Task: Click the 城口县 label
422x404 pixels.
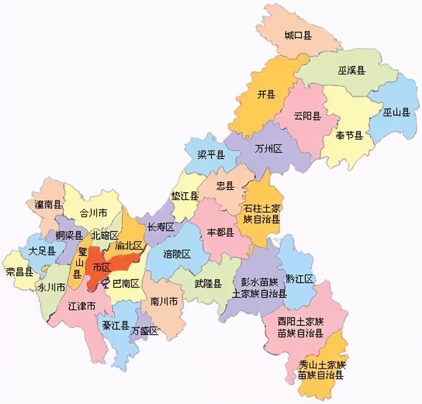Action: (x=298, y=35)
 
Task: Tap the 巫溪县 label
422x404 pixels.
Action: (x=351, y=70)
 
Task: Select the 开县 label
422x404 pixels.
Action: (x=266, y=94)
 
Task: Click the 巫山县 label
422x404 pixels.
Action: (x=397, y=112)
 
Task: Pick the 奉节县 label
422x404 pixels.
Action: (x=349, y=135)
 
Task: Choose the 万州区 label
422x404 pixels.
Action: (x=269, y=149)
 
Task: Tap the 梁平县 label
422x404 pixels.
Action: (x=211, y=155)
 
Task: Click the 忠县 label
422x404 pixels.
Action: (x=225, y=186)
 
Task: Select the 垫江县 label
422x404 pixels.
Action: (x=185, y=196)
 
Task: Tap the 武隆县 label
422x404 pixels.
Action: (x=208, y=284)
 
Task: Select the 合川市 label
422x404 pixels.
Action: (x=93, y=213)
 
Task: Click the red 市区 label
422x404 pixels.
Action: (x=101, y=267)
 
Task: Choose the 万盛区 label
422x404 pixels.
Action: (x=144, y=331)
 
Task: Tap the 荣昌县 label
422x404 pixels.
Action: (x=19, y=272)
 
